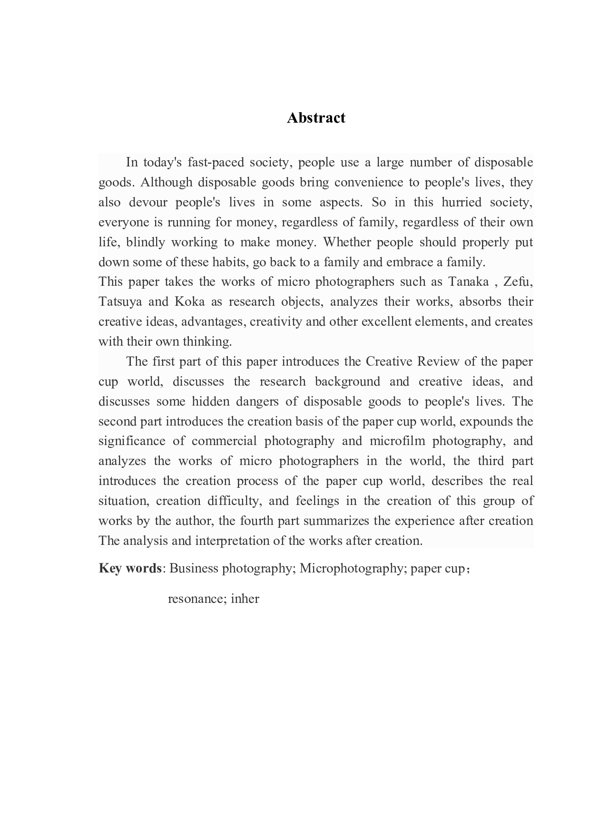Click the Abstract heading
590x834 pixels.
point(316,118)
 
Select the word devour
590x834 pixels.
point(147,203)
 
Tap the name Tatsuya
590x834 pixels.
point(120,302)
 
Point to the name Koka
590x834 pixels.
point(190,302)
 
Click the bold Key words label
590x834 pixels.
point(130,569)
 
